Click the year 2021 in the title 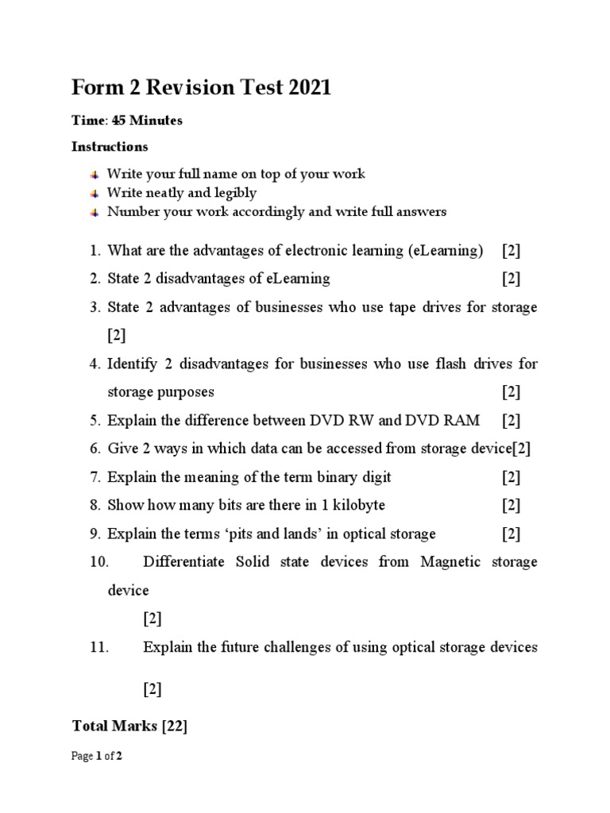pos(304,87)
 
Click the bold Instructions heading pos(110,147)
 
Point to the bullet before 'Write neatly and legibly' pos(95,193)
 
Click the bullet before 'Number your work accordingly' pos(95,212)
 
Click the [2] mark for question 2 pos(511,279)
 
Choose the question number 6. pos(95,449)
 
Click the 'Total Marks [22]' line pos(129,726)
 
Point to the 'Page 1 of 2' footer pos(96,757)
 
